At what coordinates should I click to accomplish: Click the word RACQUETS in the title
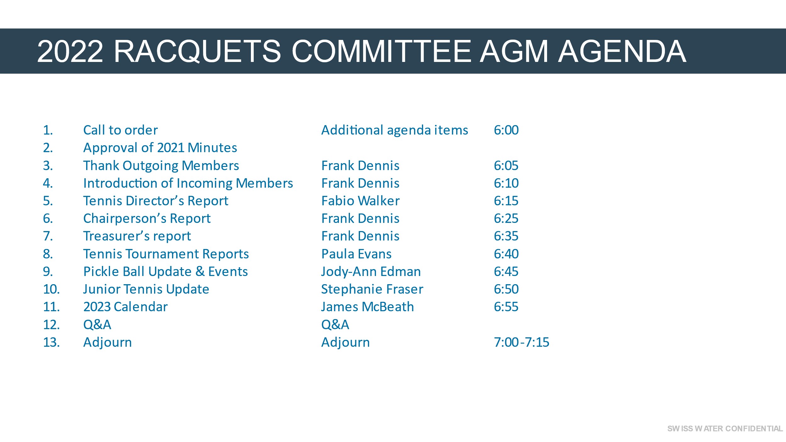197,51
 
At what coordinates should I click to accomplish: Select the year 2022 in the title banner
70,51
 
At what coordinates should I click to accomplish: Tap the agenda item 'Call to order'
120,130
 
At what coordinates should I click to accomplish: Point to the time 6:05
506,166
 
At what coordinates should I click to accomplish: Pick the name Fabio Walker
360,201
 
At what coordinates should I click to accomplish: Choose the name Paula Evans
356,254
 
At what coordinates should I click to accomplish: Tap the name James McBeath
368,307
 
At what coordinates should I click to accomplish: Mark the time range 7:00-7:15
521,342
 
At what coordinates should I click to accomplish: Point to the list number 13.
51,342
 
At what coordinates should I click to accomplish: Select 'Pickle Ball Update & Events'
166,272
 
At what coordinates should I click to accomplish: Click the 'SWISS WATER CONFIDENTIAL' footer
725,428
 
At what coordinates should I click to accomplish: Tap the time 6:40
506,254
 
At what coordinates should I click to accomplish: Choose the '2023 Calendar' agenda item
125,307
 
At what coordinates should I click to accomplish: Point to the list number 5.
48,201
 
